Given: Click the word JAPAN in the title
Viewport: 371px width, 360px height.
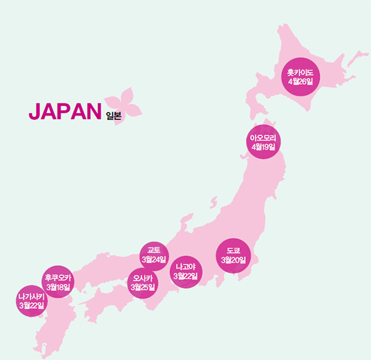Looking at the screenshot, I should (x=64, y=111).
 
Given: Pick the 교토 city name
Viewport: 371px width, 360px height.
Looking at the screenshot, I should (x=154, y=250).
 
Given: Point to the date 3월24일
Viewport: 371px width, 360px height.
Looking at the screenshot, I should (x=154, y=259).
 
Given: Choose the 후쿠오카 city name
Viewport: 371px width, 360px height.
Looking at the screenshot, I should (x=59, y=278).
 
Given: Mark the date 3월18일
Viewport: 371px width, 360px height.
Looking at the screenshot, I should (x=59, y=287).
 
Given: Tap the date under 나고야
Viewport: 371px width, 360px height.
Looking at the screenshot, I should (x=185, y=276).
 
